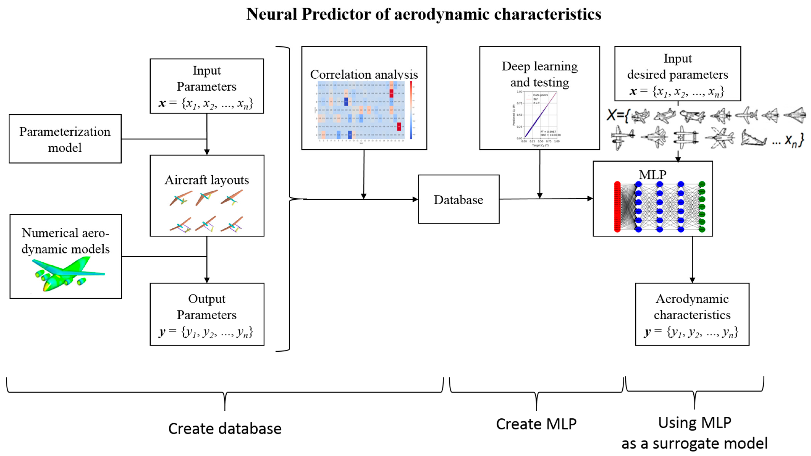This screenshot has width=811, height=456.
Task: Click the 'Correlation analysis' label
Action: [x=364, y=75]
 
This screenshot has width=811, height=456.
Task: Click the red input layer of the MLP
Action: [x=617, y=207]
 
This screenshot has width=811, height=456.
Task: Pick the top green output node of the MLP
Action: [x=702, y=184]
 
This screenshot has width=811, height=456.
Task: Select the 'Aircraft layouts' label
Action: [x=207, y=180]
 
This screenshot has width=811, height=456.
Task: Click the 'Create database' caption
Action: [x=225, y=429]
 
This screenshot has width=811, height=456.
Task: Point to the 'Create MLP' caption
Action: [x=536, y=424]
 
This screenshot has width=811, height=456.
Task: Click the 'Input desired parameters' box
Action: [x=678, y=74]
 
